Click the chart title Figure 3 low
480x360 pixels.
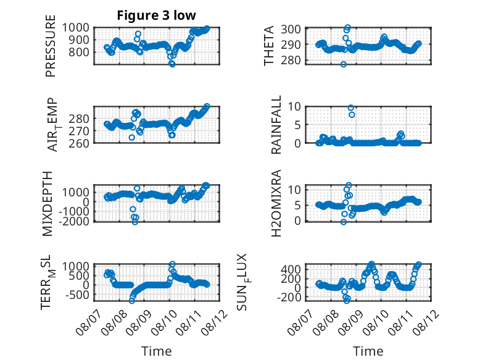click(x=156, y=15)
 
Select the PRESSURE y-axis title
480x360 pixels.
click(x=51, y=46)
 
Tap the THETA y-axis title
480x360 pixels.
click(x=269, y=46)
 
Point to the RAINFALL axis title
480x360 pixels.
click(x=276, y=125)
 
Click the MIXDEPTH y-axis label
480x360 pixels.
click(x=48, y=204)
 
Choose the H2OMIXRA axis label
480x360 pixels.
click(x=276, y=203)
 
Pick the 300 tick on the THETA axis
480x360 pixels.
click(x=291, y=30)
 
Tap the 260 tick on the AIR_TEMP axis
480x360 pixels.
click(x=79, y=143)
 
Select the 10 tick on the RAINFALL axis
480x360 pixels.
click(x=294, y=107)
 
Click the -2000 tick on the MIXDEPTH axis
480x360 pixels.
click(x=75, y=220)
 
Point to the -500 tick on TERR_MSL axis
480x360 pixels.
click(x=77, y=295)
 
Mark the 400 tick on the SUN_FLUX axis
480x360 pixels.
click(x=291, y=269)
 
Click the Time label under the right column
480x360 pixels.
click(x=368, y=351)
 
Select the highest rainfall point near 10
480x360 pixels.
click(x=351, y=108)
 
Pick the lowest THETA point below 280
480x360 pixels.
click(x=344, y=64)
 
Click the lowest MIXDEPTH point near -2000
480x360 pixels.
click(x=135, y=222)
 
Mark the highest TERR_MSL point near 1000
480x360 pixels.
click(x=172, y=264)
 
